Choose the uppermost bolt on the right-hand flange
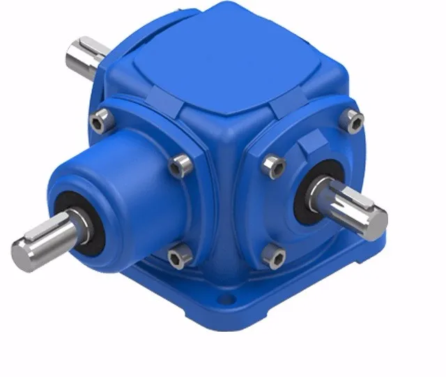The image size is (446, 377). [355, 123]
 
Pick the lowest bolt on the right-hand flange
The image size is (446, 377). [276, 259]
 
